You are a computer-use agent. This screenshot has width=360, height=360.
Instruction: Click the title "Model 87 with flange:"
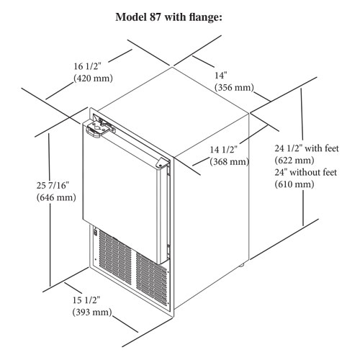point(168,17)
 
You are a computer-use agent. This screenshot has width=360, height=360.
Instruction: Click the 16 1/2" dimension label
point(87,66)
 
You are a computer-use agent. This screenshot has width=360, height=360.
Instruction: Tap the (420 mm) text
point(93,78)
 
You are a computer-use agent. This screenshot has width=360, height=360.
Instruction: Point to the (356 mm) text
point(234,87)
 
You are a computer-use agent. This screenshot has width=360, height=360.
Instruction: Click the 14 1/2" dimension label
point(224,150)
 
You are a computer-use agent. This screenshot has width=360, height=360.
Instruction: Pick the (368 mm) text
point(230,161)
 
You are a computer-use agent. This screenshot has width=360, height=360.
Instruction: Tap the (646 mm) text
point(56,197)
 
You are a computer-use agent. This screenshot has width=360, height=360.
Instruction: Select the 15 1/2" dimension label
point(86,300)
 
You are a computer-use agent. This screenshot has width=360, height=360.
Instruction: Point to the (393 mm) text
point(92,312)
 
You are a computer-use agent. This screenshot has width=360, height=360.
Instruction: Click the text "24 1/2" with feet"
point(307,148)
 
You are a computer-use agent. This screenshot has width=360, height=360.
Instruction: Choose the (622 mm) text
point(294,160)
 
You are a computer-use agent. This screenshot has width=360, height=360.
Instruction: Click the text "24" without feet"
point(306,172)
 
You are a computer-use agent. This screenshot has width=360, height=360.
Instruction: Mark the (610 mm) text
point(294,184)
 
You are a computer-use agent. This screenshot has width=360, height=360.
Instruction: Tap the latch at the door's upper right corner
point(162,163)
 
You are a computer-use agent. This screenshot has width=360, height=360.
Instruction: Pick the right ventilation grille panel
point(151,279)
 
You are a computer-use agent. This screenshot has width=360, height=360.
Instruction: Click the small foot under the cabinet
point(241,265)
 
